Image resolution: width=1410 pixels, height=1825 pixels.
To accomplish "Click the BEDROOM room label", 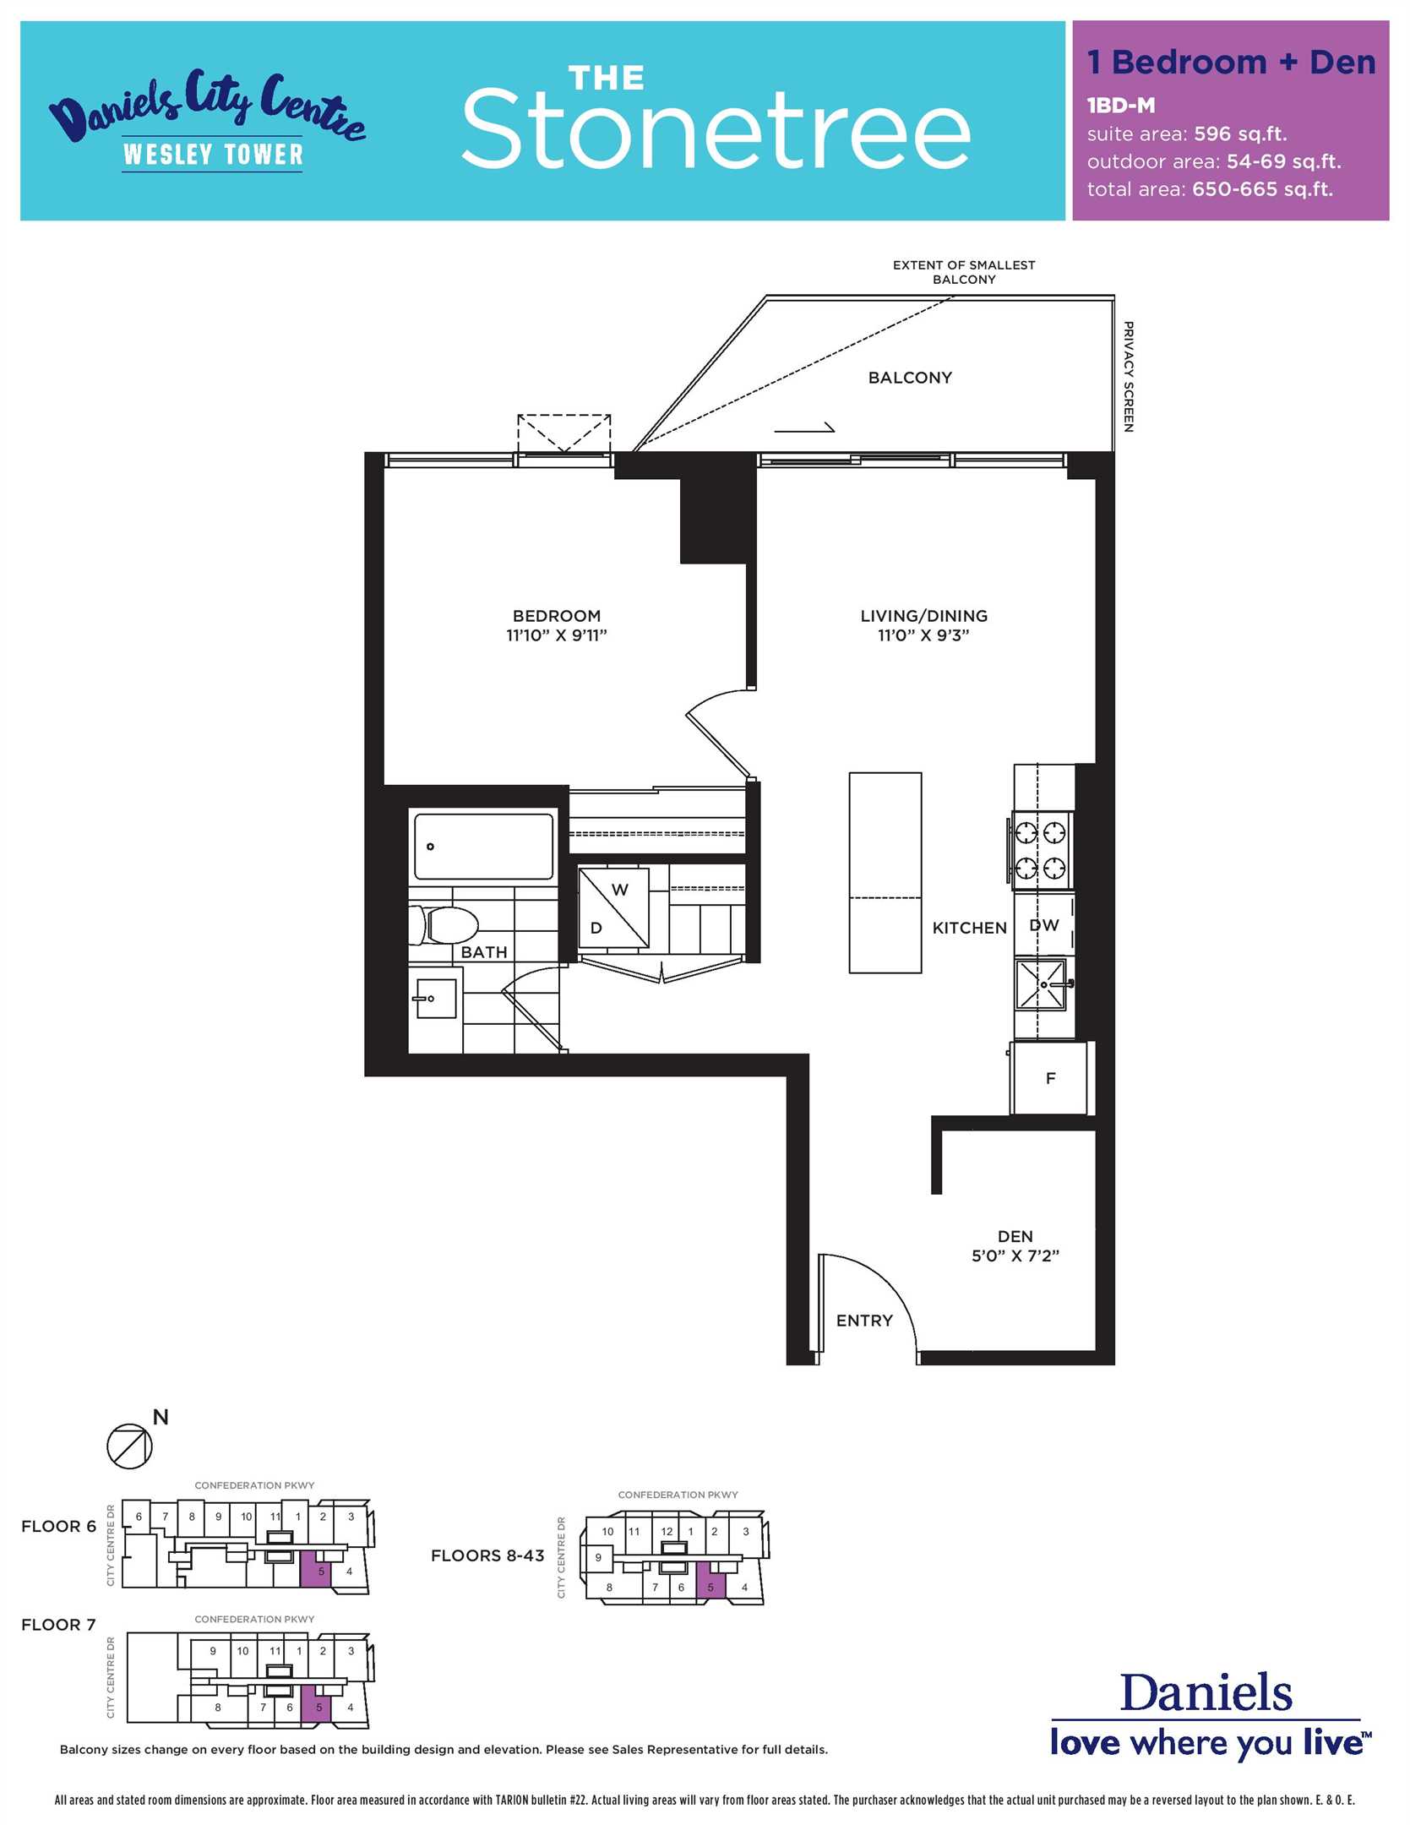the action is click(557, 616).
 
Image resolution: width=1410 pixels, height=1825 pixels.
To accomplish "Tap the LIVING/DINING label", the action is click(923, 616).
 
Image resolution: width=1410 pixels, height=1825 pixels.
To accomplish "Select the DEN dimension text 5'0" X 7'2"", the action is click(1015, 1256).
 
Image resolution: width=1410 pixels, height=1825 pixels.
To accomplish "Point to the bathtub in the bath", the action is click(483, 846).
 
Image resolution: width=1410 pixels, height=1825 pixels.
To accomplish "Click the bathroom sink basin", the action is click(436, 998).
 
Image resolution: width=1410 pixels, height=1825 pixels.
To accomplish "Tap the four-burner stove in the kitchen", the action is click(1040, 851).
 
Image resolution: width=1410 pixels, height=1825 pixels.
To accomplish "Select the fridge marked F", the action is click(1050, 1078).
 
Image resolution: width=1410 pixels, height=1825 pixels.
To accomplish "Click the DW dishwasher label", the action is click(1044, 925).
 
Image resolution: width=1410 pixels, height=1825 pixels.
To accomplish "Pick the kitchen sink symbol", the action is click(1042, 984).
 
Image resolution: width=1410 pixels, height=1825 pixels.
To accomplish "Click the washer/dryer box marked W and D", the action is click(614, 909).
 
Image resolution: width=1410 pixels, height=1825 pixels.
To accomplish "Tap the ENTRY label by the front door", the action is click(863, 1321).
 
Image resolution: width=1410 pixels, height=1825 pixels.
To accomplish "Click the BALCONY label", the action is click(910, 378).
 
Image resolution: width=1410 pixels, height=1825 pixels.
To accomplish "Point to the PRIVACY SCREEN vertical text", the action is click(1128, 376).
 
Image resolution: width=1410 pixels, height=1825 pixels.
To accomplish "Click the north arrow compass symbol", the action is click(130, 1446).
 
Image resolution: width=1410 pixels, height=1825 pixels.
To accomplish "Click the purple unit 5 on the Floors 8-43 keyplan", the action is click(710, 1579).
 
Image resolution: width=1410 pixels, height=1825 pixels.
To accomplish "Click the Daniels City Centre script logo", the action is click(207, 106).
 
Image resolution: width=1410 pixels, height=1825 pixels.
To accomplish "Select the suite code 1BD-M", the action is click(1121, 106).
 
